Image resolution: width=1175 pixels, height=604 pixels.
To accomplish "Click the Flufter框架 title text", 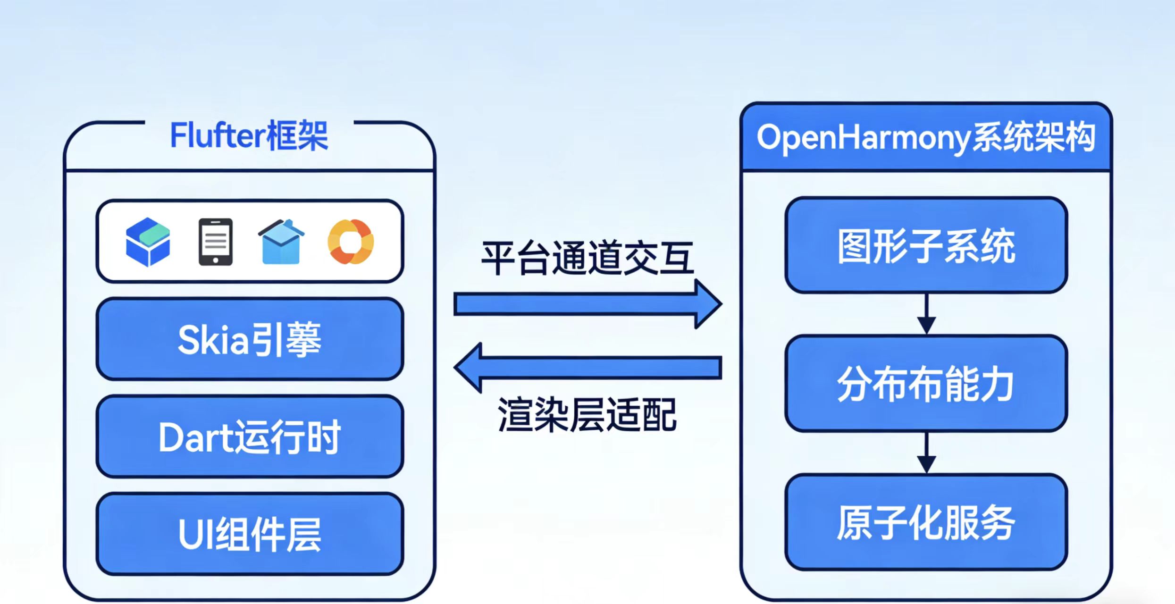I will tap(249, 136).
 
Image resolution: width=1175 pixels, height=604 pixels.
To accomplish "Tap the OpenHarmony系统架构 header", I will tap(926, 138).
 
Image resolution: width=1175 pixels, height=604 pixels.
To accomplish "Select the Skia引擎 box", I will tap(250, 339).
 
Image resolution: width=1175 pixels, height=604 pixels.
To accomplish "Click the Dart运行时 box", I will tap(250, 437).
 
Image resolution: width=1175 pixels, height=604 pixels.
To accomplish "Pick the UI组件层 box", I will tap(250, 534).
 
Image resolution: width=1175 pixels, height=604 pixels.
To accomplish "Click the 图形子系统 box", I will tap(926, 245).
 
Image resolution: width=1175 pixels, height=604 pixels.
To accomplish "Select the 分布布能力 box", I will tap(926, 384).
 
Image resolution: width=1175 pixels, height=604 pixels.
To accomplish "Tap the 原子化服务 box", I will tap(926, 522).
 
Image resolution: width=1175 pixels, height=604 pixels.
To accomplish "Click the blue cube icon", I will tap(148, 242).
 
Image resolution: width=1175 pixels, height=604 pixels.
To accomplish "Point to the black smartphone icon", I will tap(215, 242).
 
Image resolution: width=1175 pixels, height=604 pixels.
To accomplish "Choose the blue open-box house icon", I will tap(281, 242).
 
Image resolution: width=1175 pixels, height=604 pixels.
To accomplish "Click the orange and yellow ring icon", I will tap(351, 242).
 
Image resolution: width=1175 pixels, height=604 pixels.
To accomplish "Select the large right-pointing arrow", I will tap(587, 304).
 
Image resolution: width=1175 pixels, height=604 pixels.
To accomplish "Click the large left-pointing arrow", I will tap(587, 368).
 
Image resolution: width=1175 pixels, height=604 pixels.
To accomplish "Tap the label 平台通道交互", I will tap(587, 258).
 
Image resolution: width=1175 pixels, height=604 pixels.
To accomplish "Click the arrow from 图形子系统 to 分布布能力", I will tap(926, 314).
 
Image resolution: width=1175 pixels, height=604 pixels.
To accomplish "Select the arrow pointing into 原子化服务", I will tap(926, 453).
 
